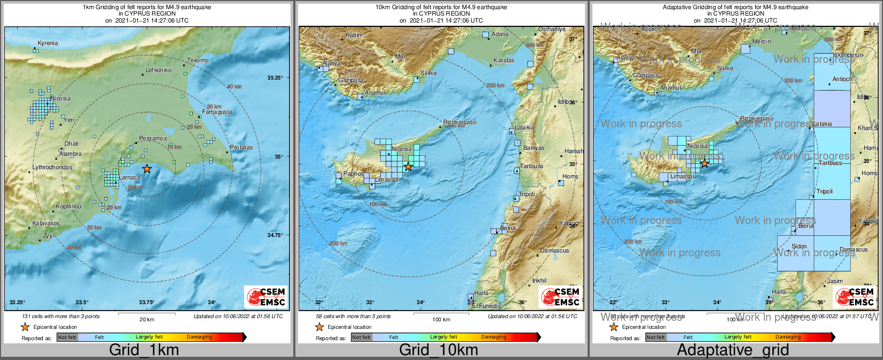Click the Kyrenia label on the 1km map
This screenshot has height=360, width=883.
pos(48,43)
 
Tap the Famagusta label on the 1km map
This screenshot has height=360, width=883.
pos(217,112)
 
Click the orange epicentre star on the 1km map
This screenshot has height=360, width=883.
pos(147,169)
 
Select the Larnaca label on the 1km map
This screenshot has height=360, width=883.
pos(129,177)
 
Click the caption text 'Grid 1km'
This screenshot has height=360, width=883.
pos(144,350)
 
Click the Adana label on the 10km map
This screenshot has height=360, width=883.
pos(500,34)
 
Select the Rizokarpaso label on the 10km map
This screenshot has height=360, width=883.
pos(459,122)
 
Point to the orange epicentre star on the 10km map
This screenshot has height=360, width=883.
pos(408,167)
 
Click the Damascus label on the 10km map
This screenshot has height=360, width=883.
pos(555,250)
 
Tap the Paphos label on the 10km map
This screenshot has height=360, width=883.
pos(353,174)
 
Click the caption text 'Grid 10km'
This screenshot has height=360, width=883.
pos(438,350)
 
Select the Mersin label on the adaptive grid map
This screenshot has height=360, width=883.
pos(762,41)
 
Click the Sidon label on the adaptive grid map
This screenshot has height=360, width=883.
pos(799,246)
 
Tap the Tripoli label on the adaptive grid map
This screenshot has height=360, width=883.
pos(824,191)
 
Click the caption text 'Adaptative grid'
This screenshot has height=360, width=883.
pos(733,350)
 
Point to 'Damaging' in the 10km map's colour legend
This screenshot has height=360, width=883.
pos(494,337)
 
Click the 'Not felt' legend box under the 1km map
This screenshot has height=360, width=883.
pos(67,337)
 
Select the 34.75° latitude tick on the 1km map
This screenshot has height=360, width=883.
pos(275,235)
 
